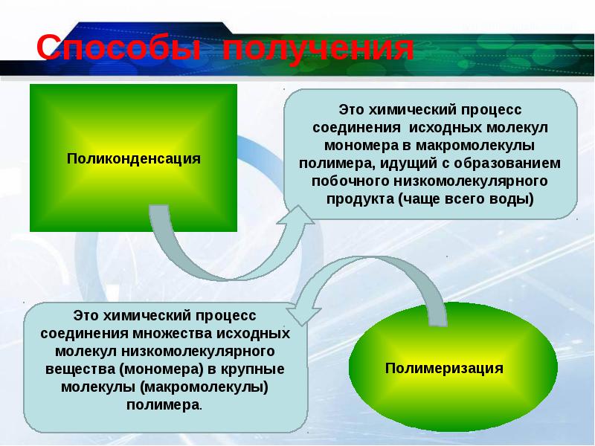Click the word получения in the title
tap(318, 48)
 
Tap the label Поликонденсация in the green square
tap(134, 158)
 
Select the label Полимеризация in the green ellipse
tap(444, 368)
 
